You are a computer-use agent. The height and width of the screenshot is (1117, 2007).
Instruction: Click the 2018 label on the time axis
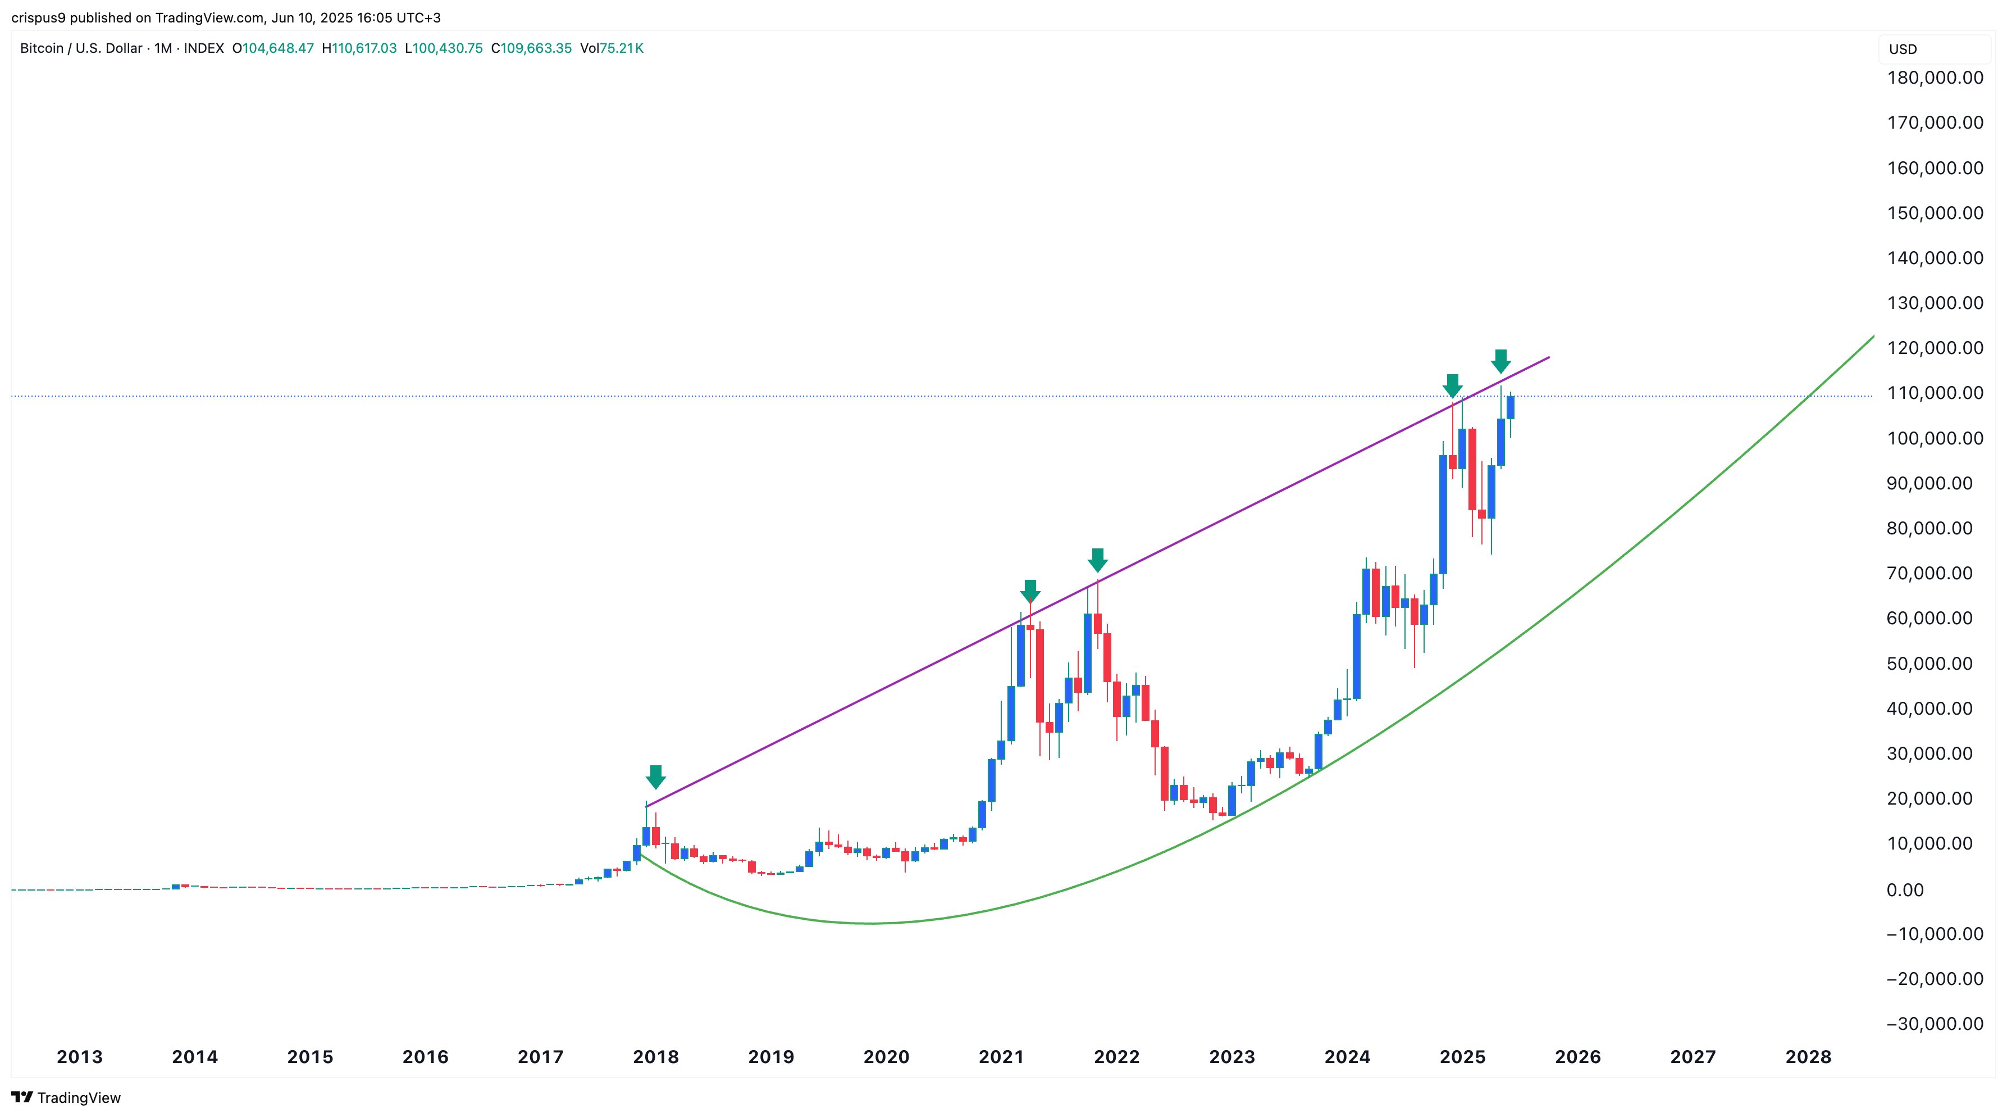click(655, 1057)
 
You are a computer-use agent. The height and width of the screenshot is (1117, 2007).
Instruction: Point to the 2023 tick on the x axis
click(1232, 1057)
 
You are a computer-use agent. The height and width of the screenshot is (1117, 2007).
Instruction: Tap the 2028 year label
click(1808, 1057)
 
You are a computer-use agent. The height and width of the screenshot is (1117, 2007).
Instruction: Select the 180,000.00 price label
click(1935, 78)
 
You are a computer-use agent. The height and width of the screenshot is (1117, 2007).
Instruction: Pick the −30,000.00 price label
click(1935, 1024)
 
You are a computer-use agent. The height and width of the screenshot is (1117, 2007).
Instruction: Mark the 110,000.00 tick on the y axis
click(1935, 393)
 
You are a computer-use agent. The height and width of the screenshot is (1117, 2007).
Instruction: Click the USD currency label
click(1903, 49)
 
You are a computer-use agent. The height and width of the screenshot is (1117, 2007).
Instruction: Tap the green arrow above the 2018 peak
click(655, 777)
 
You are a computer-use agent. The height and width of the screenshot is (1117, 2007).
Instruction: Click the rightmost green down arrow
click(1500, 361)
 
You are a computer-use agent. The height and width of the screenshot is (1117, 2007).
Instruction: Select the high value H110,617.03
click(359, 48)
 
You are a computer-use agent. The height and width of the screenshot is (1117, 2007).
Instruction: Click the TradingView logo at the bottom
click(66, 1097)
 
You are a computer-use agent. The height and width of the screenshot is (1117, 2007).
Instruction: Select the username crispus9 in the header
click(38, 17)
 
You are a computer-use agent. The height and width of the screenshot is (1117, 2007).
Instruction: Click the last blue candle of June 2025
click(1510, 407)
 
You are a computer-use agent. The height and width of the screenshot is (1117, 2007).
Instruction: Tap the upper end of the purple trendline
click(1548, 358)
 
